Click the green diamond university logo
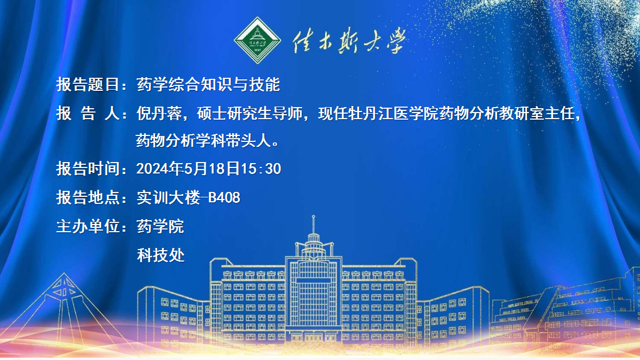click(x=257, y=40)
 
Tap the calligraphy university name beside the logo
click(x=350, y=41)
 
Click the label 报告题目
click(x=88, y=84)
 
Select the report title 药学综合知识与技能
click(x=208, y=84)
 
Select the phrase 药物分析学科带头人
click(x=203, y=140)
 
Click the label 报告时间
click(x=88, y=169)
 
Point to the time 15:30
click(x=261, y=169)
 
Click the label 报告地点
click(x=88, y=197)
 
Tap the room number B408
click(x=224, y=197)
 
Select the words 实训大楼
click(x=168, y=197)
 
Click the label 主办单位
click(x=88, y=226)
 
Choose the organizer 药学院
click(x=160, y=226)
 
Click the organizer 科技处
click(x=160, y=255)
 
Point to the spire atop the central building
click(x=313, y=224)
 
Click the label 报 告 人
click(x=88, y=114)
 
